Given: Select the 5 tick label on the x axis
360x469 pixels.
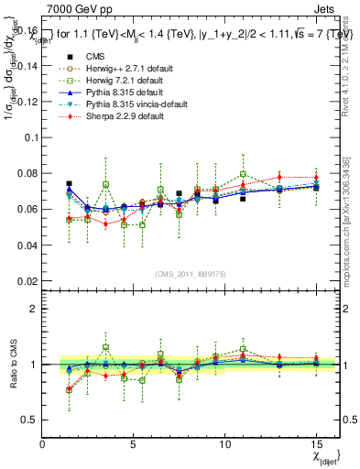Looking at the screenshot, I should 134,444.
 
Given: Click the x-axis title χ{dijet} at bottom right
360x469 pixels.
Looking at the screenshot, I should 325,455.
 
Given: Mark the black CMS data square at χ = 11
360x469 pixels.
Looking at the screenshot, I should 243,199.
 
